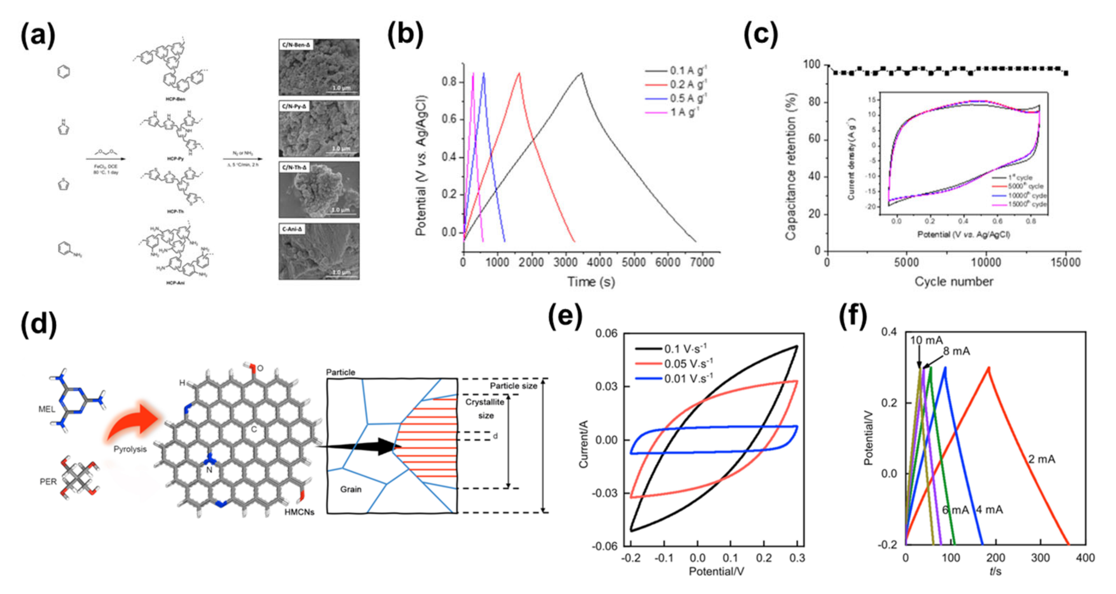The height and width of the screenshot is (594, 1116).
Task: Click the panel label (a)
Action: [x=38, y=36]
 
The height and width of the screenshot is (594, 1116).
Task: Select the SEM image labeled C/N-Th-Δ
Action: [x=319, y=190]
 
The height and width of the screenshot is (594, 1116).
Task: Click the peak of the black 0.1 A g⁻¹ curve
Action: [x=582, y=73]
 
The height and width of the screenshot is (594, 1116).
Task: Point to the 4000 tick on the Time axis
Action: [x=600, y=263]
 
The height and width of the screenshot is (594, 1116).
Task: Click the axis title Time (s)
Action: [x=591, y=282]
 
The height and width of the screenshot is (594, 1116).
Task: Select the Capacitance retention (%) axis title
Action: [x=791, y=167]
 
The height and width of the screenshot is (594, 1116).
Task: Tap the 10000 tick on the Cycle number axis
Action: [x=986, y=263]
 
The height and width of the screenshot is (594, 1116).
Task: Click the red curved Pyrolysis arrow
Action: [x=134, y=422]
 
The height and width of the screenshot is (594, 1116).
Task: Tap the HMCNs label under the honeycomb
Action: [x=299, y=512]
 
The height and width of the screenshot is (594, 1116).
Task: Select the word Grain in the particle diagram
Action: [x=350, y=489]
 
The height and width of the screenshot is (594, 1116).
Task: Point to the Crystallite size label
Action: [x=485, y=408]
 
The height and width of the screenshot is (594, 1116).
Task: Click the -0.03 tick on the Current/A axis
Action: [x=607, y=493]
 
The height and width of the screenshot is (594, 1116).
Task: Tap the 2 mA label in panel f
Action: [x=1042, y=459]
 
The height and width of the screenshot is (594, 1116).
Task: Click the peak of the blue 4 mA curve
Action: [x=944, y=368]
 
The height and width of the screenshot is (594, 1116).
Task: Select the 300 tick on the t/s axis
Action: [x=1040, y=558]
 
